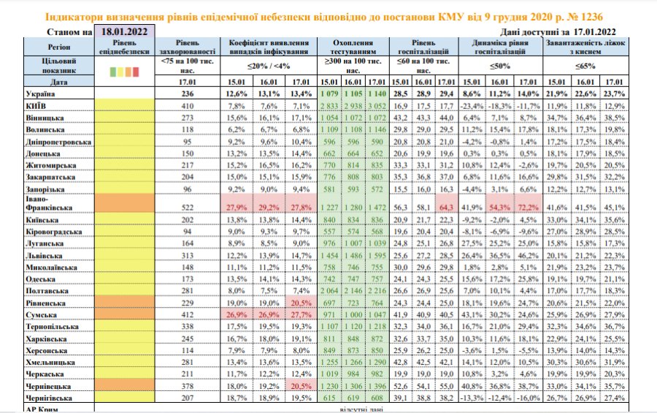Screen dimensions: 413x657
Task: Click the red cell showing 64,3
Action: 446,208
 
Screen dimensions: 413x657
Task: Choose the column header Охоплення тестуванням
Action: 353,48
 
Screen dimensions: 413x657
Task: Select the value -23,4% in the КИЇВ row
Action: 473,106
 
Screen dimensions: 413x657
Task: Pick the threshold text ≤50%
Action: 499,67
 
